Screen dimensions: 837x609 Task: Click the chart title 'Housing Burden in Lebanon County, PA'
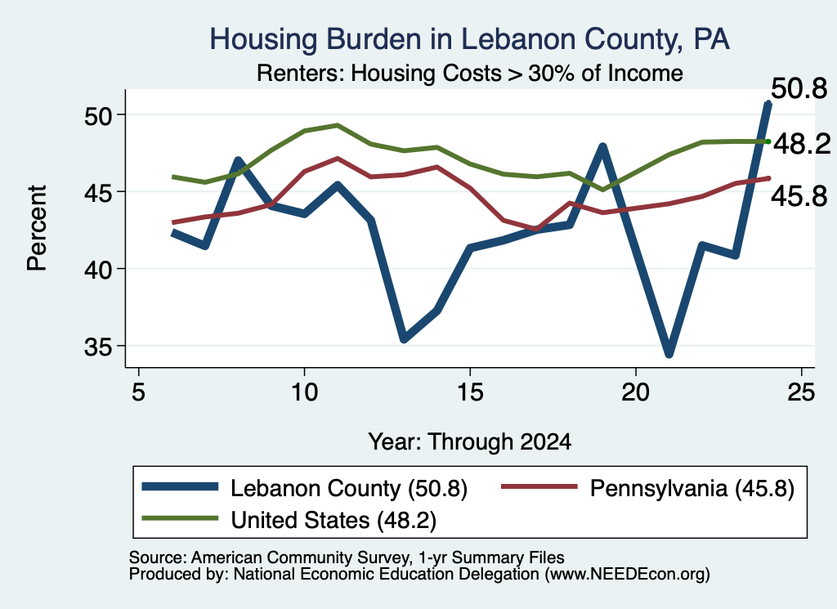pos(469,39)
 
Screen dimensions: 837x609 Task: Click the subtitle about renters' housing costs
pos(470,73)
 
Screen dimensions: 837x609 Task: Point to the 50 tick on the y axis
pos(98,115)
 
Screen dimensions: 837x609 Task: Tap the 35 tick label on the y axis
pos(98,347)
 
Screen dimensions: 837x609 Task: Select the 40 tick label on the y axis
pos(98,270)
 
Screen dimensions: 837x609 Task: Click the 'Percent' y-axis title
pos(37,228)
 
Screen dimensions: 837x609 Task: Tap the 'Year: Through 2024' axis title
pos(470,442)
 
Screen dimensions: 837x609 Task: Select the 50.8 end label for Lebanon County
pos(799,88)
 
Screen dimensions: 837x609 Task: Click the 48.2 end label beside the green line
pos(802,144)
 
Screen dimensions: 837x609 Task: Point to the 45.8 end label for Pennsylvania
pos(799,196)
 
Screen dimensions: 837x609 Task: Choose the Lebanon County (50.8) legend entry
pos(305,488)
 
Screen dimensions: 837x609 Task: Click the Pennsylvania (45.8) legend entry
pos(648,488)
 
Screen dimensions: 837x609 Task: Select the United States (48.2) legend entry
pos(289,520)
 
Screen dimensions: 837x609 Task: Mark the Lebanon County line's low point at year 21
pos(669,353)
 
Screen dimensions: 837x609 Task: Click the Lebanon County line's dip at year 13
pos(404,338)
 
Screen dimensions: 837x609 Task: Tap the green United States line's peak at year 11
pos(338,125)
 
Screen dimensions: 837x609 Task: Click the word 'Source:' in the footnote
pos(158,558)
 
